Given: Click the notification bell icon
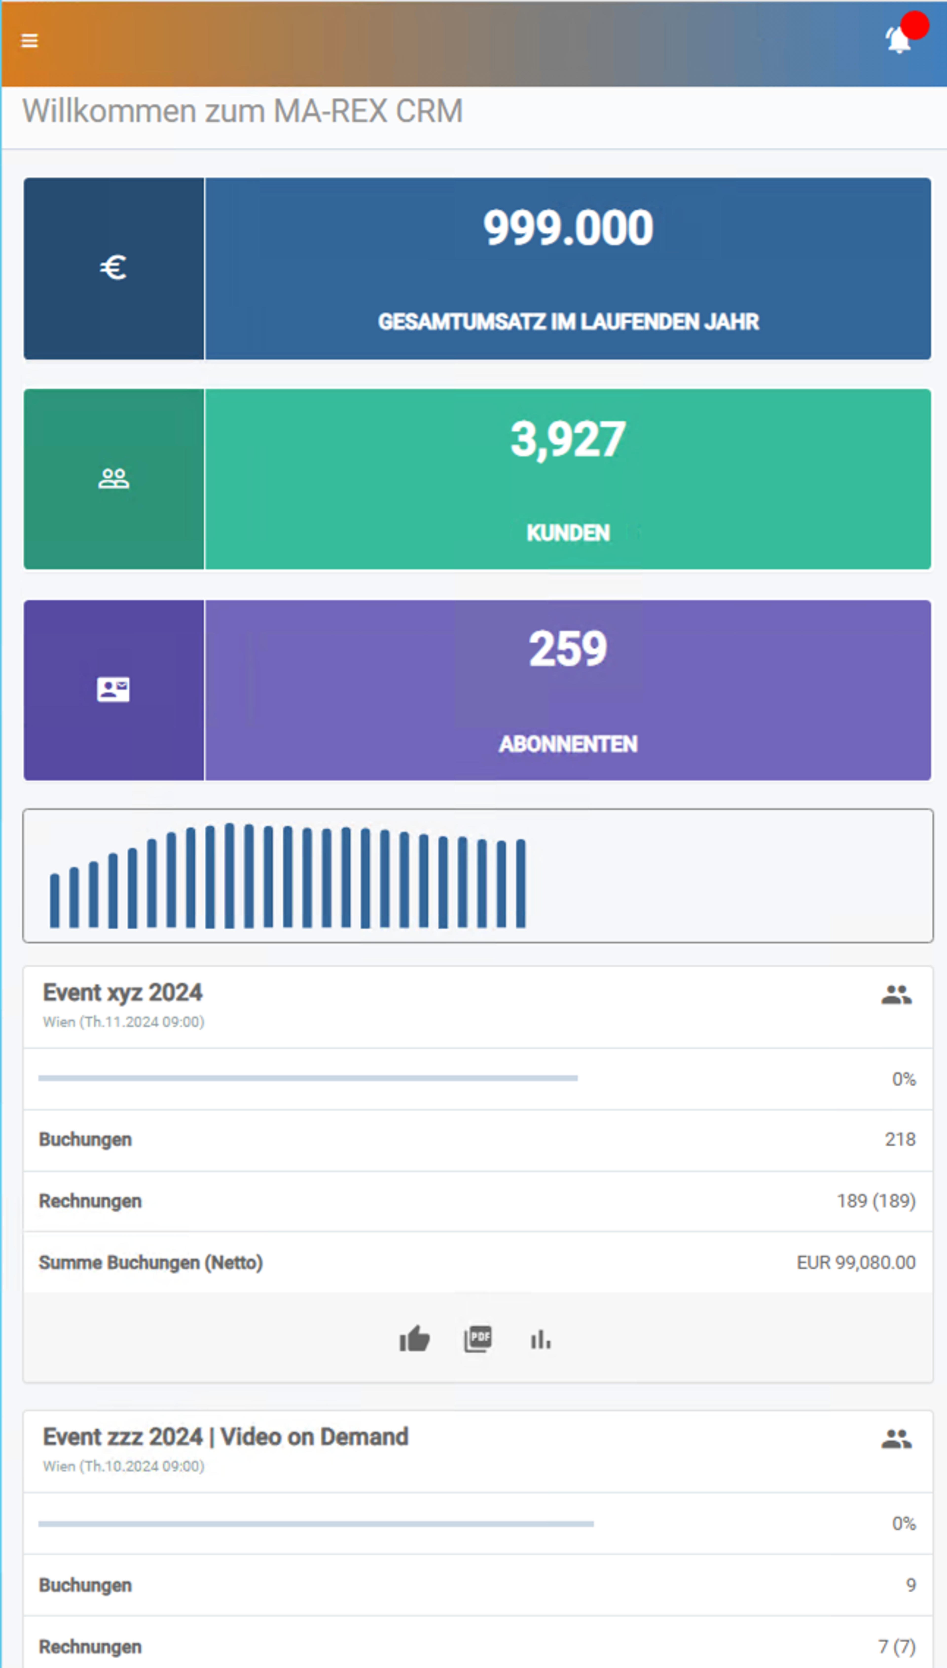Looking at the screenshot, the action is point(898,40).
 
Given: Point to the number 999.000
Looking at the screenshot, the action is point(568,228).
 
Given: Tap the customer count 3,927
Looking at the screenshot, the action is point(568,439).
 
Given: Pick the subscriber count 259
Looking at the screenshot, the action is point(568,649).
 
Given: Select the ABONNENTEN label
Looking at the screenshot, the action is point(568,744).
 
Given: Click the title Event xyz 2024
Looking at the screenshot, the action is point(122,993).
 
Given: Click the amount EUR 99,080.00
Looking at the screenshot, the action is point(856,1263).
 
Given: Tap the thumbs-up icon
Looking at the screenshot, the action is point(414,1339).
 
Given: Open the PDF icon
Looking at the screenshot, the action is point(478,1339).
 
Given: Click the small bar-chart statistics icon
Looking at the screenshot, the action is point(541,1339).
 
